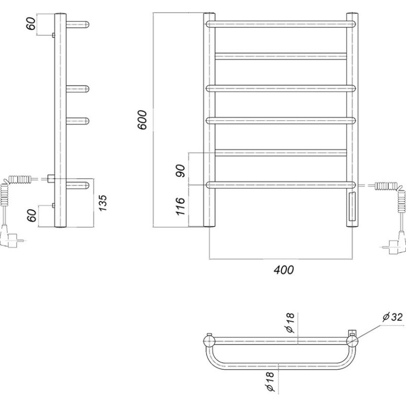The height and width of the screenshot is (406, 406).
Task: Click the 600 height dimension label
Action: pos(142,120)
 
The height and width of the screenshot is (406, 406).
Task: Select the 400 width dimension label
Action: pos(284,270)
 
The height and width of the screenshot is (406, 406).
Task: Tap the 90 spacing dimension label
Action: pos(181,171)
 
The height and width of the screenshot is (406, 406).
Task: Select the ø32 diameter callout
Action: pos(393,317)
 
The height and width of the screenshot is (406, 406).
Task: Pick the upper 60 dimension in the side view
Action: pos(31,23)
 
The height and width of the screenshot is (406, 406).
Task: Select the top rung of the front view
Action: pos(281,24)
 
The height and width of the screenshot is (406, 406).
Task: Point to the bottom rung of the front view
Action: pos(281,185)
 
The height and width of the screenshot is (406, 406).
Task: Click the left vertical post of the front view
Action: pos(209,120)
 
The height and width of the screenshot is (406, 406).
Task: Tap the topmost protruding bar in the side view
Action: pos(78,24)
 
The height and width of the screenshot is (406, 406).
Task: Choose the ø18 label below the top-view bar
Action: pos(269,382)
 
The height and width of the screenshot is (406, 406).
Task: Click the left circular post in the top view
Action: pos(209,341)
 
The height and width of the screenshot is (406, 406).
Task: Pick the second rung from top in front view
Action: pos(281,56)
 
